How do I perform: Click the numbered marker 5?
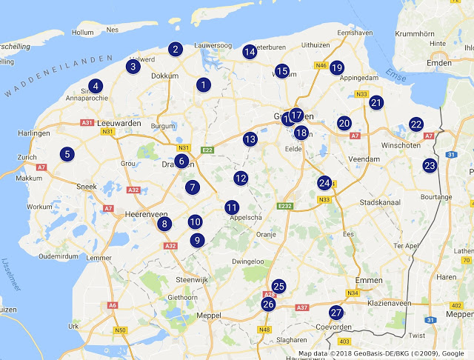click(x=67, y=154)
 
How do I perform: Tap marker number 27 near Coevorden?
click(x=336, y=313)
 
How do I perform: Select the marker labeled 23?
click(x=430, y=165)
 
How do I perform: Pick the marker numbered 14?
click(x=250, y=51)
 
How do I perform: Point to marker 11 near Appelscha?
click(x=232, y=207)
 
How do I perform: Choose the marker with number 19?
click(x=337, y=67)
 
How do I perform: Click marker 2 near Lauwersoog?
click(x=176, y=50)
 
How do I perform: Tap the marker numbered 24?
click(x=324, y=182)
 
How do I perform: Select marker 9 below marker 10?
click(x=196, y=240)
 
